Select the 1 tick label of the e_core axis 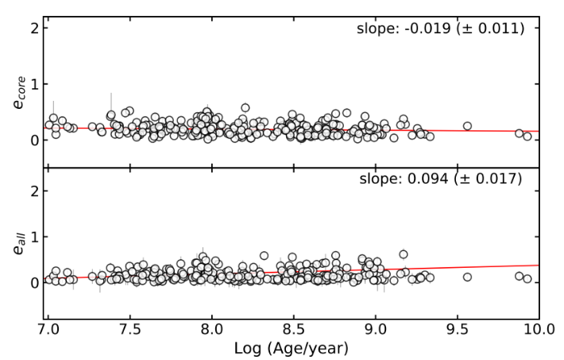(x=34, y=84)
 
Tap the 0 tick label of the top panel (x=34, y=140)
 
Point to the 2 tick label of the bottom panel (x=34, y=191)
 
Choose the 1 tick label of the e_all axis (x=34, y=236)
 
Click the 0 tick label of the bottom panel (x=34, y=282)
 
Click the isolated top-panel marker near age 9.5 (x=467, y=126)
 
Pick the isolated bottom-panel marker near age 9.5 (x=467, y=277)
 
